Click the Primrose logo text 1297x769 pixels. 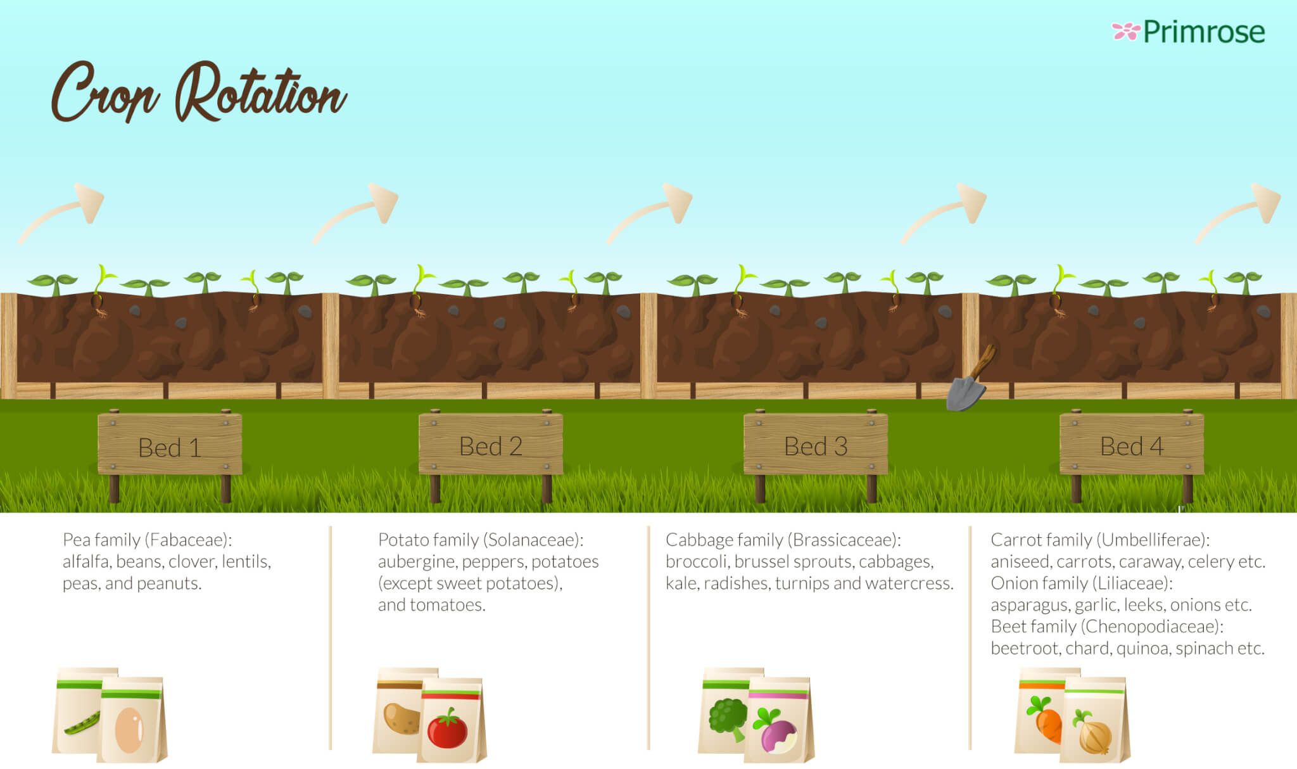click(1204, 32)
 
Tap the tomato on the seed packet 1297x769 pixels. click(448, 728)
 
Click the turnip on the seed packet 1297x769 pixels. click(776, 732)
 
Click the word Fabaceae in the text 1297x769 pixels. click(188, 540)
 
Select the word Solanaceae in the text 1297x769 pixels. click(532, 540)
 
